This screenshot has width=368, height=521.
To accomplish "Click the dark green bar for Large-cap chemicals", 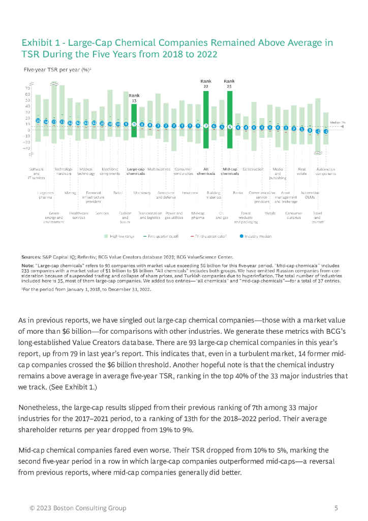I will click(134, 114).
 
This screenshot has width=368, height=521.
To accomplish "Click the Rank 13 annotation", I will click(134, 98).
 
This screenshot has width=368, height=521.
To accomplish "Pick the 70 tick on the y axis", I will click(27, 89).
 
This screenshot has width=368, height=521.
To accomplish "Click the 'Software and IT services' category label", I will click(37, 173).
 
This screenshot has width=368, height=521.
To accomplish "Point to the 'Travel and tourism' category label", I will click(318, 218).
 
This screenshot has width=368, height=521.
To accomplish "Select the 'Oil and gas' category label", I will click(222, 216).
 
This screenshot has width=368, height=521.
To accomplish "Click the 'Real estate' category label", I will click(302, 171).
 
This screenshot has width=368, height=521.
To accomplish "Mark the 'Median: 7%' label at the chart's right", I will click(338, 123).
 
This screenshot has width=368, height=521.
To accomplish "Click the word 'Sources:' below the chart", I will click(31, 257).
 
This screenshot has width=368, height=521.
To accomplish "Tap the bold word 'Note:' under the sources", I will click(27, 266).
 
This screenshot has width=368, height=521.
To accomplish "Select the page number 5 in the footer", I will click(336, 508).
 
